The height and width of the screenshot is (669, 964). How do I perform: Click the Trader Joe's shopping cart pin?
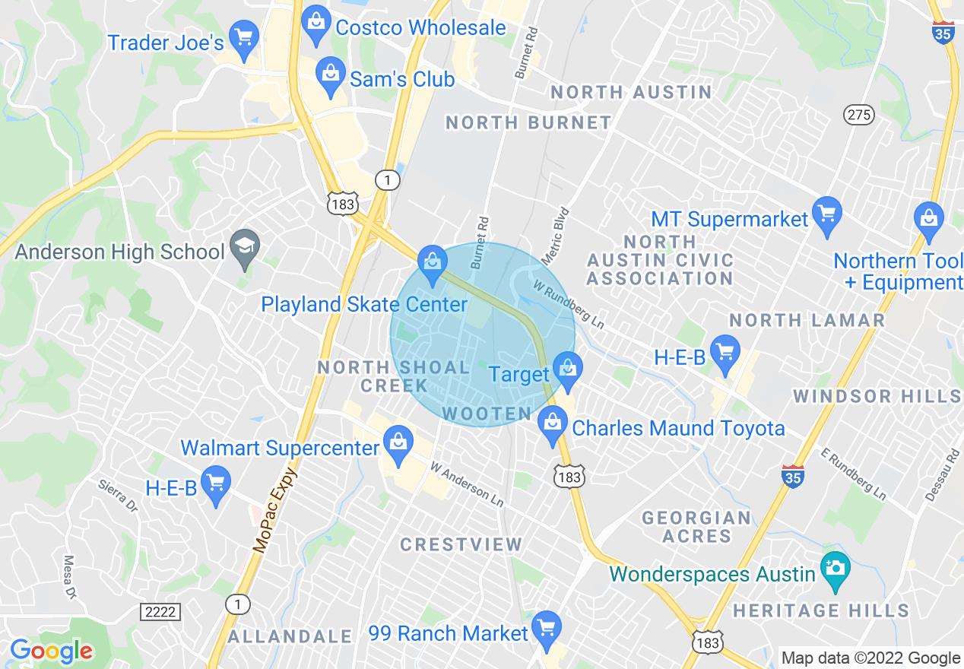tap(244, 39)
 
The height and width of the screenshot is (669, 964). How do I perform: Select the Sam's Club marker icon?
tap(330, 76)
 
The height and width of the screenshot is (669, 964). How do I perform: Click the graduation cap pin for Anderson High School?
tap(245, 248)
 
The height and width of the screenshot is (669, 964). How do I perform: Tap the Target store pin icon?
tap(566, 369)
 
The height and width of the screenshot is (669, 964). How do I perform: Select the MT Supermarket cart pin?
tap(826, 214)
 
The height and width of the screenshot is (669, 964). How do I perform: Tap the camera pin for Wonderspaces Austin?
tap(835, 569)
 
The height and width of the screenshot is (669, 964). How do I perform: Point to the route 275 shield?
tap(858, 115)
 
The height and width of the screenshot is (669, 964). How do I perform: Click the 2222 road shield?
tap(160, 611)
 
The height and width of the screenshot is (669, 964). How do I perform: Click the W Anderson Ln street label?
tap(467, 485)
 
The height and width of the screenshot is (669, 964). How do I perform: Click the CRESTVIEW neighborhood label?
tap(461, 544)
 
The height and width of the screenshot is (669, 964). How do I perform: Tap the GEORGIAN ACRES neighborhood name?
tap(696, 527)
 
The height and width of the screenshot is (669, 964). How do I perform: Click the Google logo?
tap(51, 651)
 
